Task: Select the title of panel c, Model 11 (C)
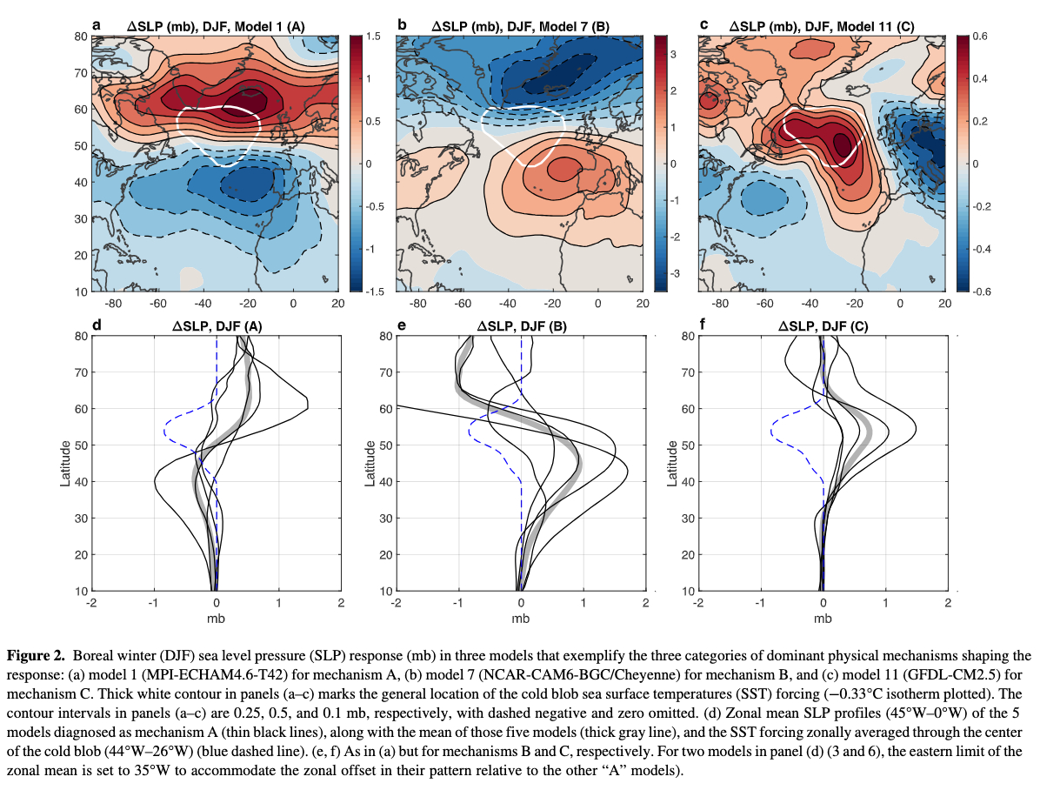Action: click(x=826, y=26)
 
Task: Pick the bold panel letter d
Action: click(x=97, y=325)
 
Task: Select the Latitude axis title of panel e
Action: click(x=372, y=463)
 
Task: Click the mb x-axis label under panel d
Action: click(x=216, y=619)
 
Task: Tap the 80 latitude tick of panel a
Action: click(x=81, y=37)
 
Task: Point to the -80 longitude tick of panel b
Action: click(x=417, y=304)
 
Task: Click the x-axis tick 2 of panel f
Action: click(x=948, y=603)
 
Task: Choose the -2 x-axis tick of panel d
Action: click(x=91, y=603)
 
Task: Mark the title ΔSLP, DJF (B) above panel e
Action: click(x=519, y=326)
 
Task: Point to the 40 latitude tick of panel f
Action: click(x=688, y=482)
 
